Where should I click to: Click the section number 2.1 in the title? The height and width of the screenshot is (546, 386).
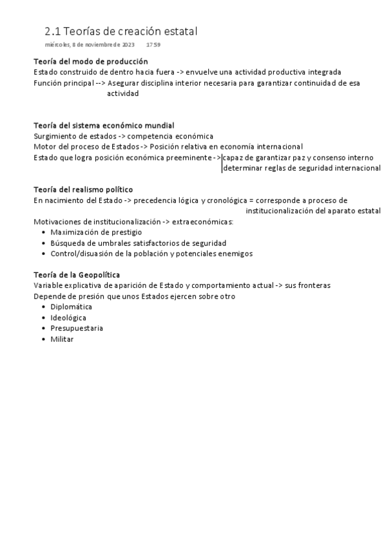tap(53, 31)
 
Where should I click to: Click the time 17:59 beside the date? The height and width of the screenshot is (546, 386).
tap(153, 45)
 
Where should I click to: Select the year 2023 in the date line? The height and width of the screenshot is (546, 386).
tap(128, 45)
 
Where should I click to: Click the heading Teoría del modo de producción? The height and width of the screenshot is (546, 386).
tap(90, 61)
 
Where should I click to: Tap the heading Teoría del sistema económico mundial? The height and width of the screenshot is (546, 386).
tap(104, 126)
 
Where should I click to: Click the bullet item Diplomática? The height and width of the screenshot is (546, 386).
tap(71, 307)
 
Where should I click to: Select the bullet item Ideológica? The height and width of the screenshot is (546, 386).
tap(68, 317)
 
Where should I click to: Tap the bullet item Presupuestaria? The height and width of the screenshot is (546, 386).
tap(77, 328)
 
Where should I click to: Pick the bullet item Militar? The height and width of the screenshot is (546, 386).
tap(62, 339)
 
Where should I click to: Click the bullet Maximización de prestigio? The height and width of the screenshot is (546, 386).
tap(96, 232)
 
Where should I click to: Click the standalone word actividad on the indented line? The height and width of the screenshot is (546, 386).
tap(122, 93)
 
